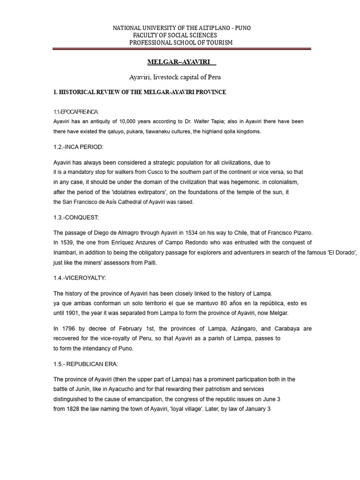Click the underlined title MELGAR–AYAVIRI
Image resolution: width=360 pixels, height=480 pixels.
(x=179, y=62)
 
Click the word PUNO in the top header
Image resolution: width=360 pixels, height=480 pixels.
(x=242, y=28)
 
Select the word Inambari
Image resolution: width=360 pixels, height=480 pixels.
(x=67, y=253)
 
